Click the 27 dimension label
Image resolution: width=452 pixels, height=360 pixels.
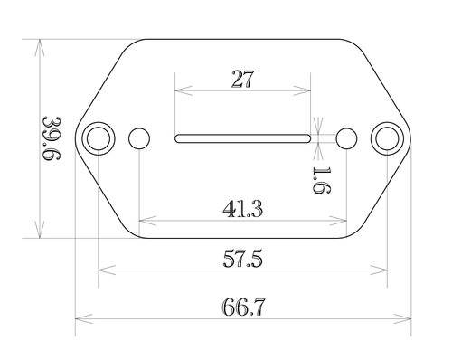[x=243, y=79]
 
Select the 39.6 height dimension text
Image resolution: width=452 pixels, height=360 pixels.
[x=52, y=138]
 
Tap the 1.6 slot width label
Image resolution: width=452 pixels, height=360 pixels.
[x=322, y=180]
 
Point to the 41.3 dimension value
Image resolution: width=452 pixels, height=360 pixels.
[x=243, y=209]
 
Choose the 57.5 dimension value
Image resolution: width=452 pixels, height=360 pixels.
[x=243, y=259]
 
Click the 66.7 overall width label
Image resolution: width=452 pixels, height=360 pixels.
[x=243, y=308]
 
